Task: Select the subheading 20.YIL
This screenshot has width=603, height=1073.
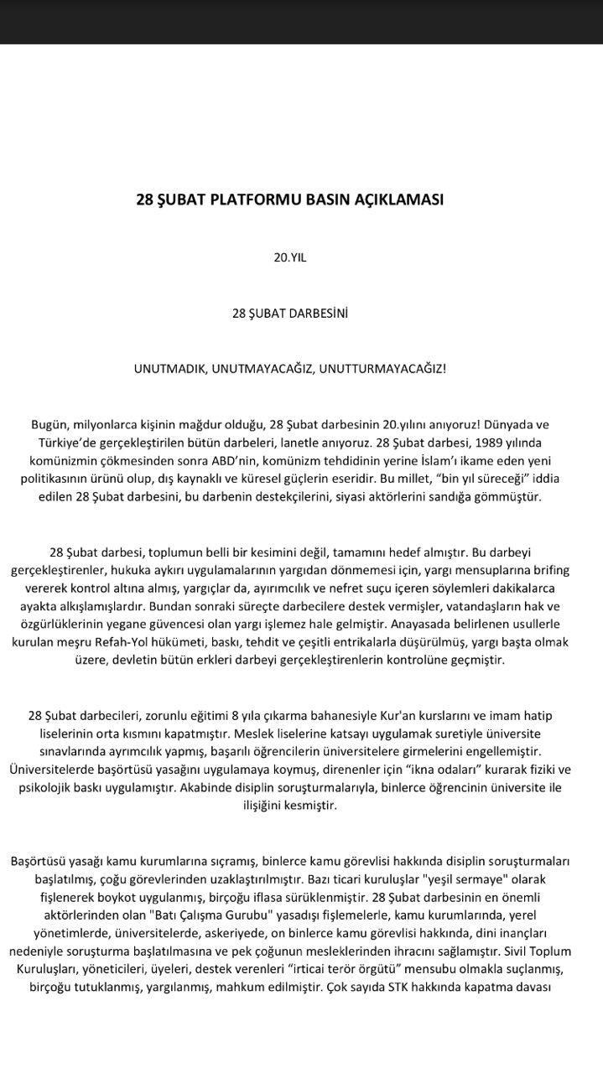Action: [290, 258]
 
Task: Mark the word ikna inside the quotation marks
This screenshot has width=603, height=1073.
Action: [406, 770]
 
